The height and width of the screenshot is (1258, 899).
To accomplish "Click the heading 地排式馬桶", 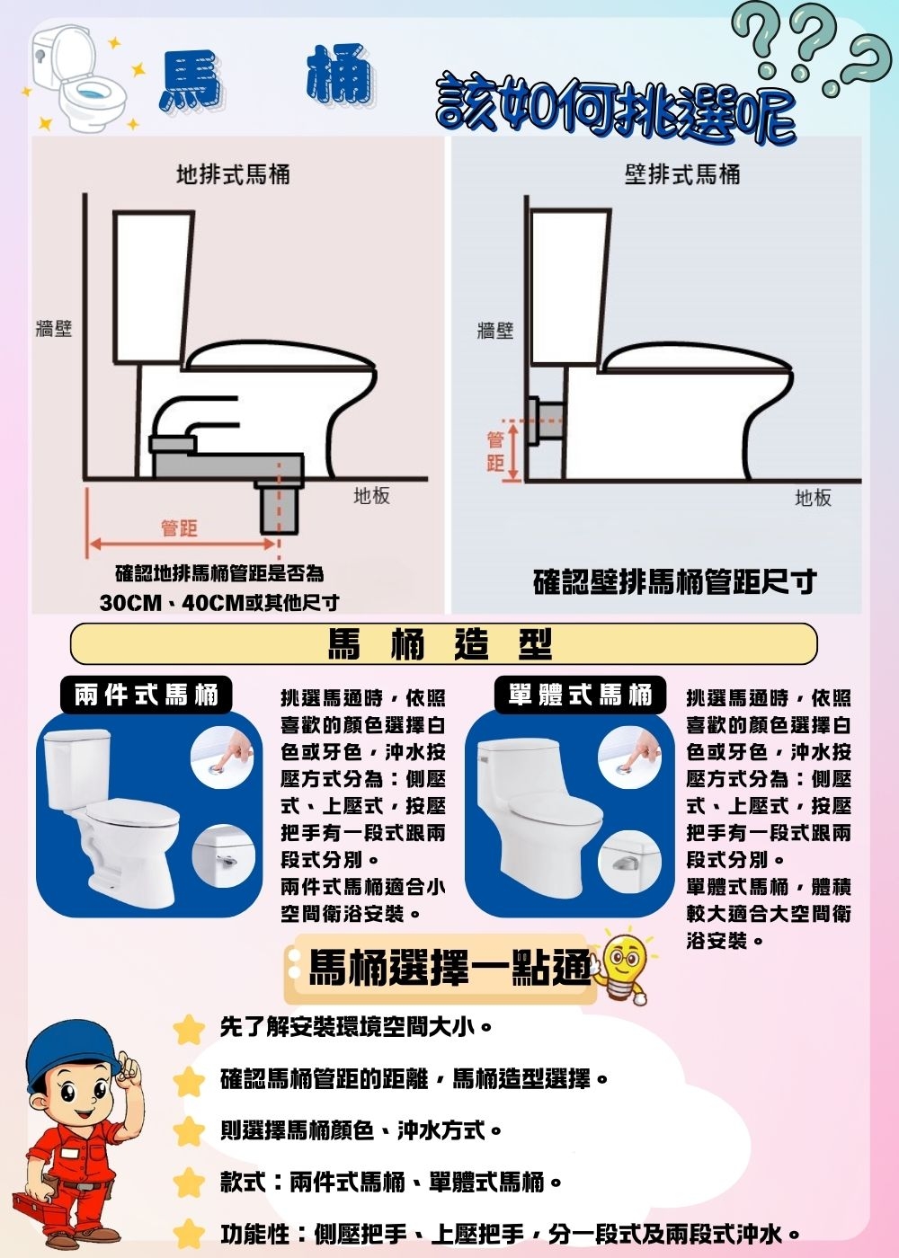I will tap(233, 174).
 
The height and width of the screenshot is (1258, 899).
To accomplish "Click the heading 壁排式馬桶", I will tap(682, 174).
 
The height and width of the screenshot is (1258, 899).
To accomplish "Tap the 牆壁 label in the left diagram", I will tap(53, 329).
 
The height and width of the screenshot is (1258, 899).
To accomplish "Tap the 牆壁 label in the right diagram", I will tap(494, 331).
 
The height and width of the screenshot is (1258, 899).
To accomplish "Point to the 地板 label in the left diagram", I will tap(371, 496).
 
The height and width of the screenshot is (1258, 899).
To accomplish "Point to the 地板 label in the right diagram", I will tap(813, 498).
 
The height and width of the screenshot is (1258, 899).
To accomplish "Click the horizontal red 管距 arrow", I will tap(181, 544).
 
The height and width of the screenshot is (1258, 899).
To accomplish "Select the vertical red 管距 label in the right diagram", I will tap(494, 451).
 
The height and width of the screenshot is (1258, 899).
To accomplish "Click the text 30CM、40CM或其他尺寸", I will tap(219, 602).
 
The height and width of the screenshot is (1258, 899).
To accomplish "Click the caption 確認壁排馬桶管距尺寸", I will tap(674, 582).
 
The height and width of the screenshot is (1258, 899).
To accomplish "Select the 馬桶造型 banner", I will tap(443, 643).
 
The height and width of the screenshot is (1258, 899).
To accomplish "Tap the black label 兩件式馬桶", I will tap(147, 695).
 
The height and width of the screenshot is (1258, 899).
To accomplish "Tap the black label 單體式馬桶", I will tap(580, 695).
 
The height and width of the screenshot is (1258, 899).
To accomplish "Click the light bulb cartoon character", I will tap(624, 968).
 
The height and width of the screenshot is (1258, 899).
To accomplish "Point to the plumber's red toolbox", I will tap(40, 1204).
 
